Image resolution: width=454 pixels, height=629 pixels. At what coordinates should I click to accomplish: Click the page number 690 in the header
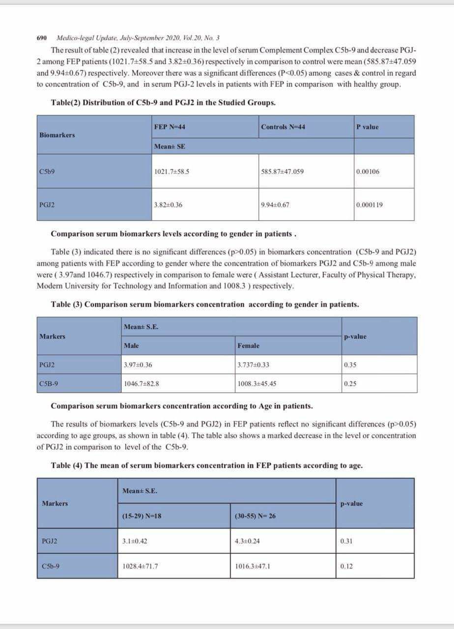pos(41,38)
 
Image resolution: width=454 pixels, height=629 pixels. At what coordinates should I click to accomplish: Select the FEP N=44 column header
pos(170,127)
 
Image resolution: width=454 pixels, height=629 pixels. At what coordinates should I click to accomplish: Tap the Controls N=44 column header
pos(283,127)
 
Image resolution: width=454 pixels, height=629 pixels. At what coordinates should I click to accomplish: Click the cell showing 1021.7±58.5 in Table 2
pos(172,172)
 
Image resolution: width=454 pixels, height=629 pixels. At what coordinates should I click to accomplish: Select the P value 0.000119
pos(369,205)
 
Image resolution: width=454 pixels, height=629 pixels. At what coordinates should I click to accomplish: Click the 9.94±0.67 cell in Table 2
pos(276,205)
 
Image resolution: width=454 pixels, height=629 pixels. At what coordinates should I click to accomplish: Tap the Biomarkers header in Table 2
pos(57,135)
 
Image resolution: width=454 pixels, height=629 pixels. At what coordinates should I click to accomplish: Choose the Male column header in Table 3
pos(131,346)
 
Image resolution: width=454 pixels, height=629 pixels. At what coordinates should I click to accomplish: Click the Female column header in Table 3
pos(248,346)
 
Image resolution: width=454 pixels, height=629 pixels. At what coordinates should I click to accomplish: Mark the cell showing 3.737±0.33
pos(253,365)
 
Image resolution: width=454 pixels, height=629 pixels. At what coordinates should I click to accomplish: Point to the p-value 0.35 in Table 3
pos(350,365)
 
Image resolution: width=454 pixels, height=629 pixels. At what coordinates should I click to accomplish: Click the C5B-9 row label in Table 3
pos(49,384)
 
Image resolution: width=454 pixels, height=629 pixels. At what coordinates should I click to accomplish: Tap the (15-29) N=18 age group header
pos(142,516)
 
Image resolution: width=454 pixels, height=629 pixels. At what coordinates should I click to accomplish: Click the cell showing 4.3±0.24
pos(248,541)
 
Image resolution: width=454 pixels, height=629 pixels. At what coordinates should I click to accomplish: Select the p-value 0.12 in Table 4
pos(346,566)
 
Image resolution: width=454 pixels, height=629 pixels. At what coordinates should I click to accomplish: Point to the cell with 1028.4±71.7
pos(140,566)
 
